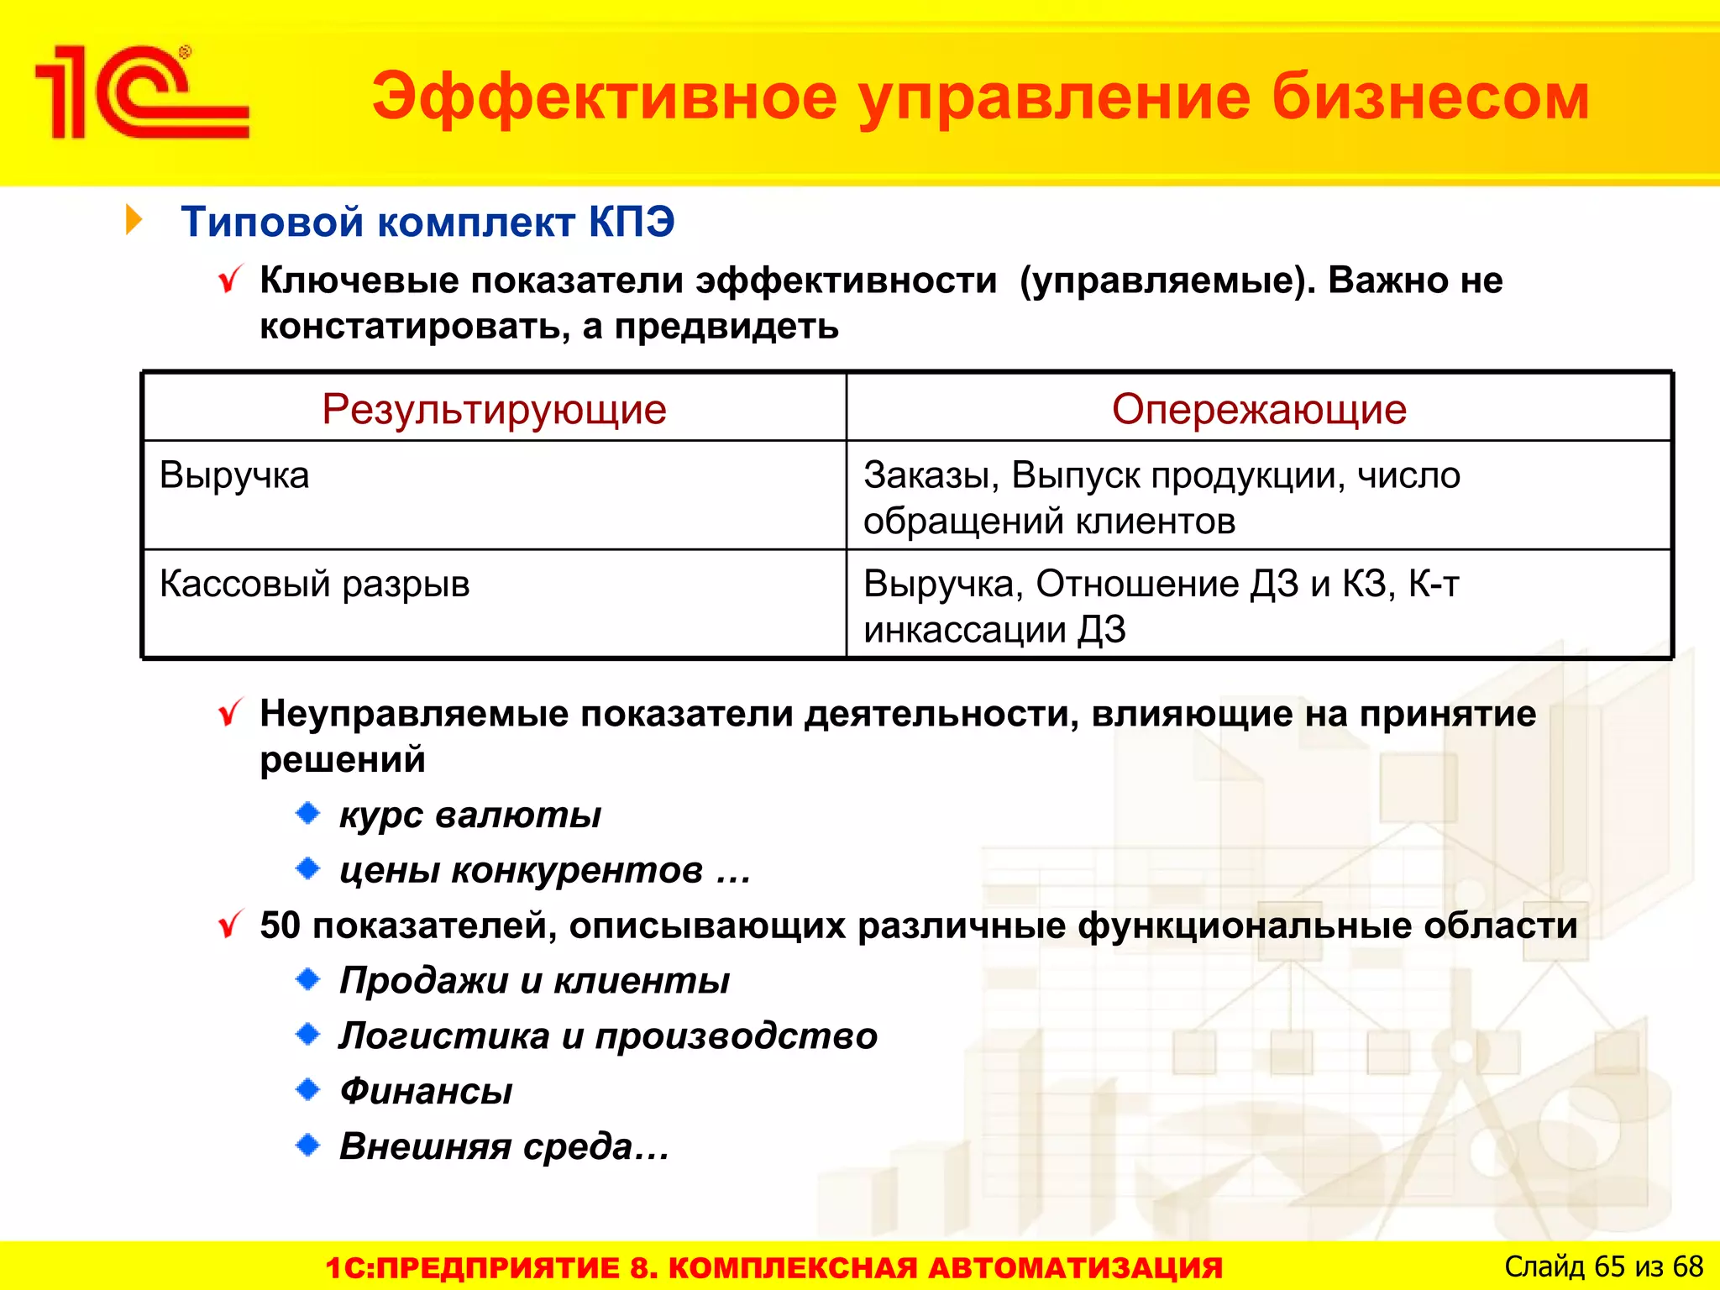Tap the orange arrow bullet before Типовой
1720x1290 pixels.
tap(134, 220)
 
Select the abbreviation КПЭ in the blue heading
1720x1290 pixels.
tap(631, 223)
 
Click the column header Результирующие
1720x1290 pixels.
tap(494, 410)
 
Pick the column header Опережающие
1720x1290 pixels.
tap(1258, 410)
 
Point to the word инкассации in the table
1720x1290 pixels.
tap(965, 630)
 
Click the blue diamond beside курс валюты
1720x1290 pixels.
tap(308, 813)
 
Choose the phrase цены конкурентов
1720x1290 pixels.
tap(521, 870)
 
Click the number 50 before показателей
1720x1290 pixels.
tap(280, 926)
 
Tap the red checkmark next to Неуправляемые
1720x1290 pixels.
tap(229, 714)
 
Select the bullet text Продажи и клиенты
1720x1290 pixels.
tap(534, 981)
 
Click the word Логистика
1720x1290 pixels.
tap(444, 1036)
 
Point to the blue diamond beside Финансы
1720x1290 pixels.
tap(308, 1090)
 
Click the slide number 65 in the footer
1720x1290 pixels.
tap(1609, 1266)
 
